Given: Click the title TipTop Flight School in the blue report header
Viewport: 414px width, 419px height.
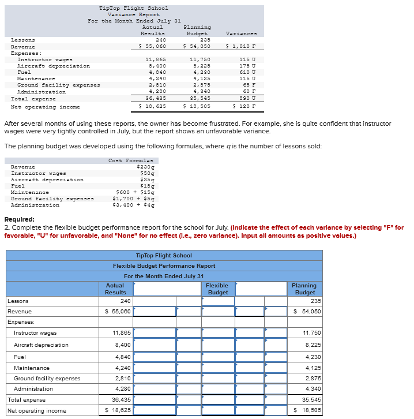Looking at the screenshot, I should pyautogui.click(x=164, y=255).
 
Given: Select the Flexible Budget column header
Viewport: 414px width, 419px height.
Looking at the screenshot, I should pyautogui.click(x=217, y=289).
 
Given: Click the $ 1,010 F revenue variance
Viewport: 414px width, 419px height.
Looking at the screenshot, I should pyautogui.click(x=241, y=46).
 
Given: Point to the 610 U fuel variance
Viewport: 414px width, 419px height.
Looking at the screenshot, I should pyautogui.click(x=247, y=72).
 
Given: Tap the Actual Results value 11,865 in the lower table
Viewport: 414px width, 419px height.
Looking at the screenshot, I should pyautogui.click(x=121, y=333).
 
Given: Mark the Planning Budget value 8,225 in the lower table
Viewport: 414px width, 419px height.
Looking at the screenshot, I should pyautogui.click(x=311, y=345).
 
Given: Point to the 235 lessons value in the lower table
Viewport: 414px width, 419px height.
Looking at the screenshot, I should pyautogui.click(x=316, y=301).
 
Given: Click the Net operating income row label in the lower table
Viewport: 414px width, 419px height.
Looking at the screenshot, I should pyautogui.click(x=37, y=411).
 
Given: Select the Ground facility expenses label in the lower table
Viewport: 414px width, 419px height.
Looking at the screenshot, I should pyautogui.click(x=47, y=379).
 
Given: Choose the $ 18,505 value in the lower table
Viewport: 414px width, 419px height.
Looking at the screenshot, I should pyautogui.click(x=307, y=411).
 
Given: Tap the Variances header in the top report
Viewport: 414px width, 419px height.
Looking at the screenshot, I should pyautogui.click(x=242, y=33).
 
